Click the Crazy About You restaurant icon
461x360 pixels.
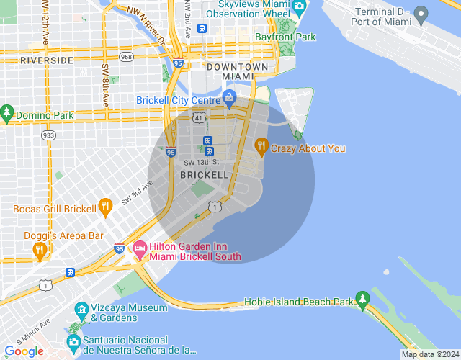(x=261, y=148)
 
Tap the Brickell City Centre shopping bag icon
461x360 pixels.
(x=229, y=97)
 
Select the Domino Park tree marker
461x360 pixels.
(x=7, y=114)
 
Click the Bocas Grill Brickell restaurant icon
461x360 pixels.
(x=105, y=207)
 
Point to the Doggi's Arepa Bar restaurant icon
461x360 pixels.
(x=40, y=250)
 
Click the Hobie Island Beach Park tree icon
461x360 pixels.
(x=362, y=299)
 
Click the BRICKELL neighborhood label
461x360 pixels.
(x=205, y=175)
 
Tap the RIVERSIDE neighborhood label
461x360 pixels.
(x=47, y=60)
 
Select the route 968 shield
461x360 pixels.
(x=127, y=56)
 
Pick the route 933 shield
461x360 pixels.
(x=49, y=135)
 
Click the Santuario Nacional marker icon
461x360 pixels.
(x=73, y=342)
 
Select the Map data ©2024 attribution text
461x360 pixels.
(x=429, y=354)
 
